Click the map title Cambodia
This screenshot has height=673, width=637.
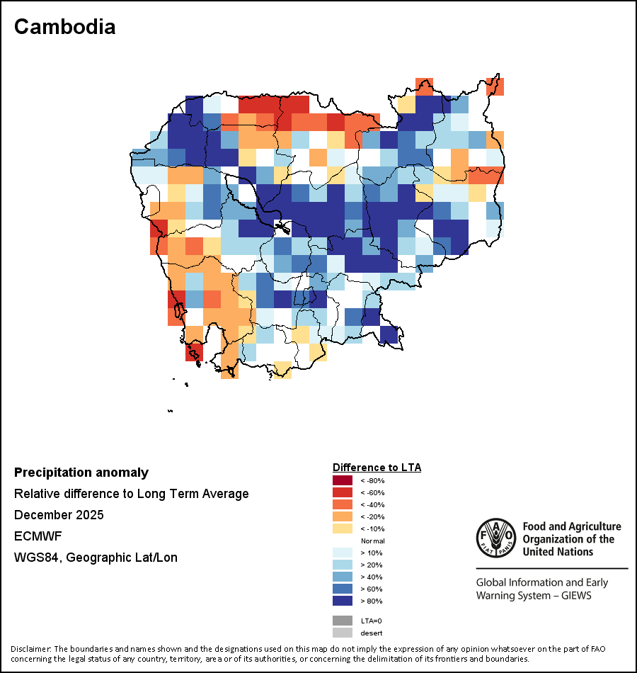tap(64, 27)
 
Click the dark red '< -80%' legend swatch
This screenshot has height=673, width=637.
tap(343, 480)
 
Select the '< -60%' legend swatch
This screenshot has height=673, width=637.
tap(343, 492)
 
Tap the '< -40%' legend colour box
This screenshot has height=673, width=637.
tap(343, 504)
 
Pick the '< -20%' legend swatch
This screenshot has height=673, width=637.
tap(343, 516)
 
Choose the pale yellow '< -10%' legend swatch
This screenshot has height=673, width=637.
tap(343, 528)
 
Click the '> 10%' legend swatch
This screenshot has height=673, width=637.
tap(343, 553)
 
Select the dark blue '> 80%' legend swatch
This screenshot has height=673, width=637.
tap(343, 601)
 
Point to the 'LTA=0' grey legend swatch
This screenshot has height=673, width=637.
tap(343, 621)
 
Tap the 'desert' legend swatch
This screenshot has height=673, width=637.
tap(343, 633)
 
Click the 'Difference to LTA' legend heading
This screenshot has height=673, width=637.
tap(377, 468)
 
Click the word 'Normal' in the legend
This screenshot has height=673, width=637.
tap(372, 541)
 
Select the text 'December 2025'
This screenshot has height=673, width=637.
tap(59, 515)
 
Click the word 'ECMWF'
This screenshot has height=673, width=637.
tap(38, 536)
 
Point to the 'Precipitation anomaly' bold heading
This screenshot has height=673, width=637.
tap(81, 473)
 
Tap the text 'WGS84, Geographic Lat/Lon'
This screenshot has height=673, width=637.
tap(96, 558)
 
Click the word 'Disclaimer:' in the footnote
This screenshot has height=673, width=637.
tap(31, 649)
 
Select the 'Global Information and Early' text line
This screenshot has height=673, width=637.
tap(542, 583)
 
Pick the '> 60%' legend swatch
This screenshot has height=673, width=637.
tap(343, 589)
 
